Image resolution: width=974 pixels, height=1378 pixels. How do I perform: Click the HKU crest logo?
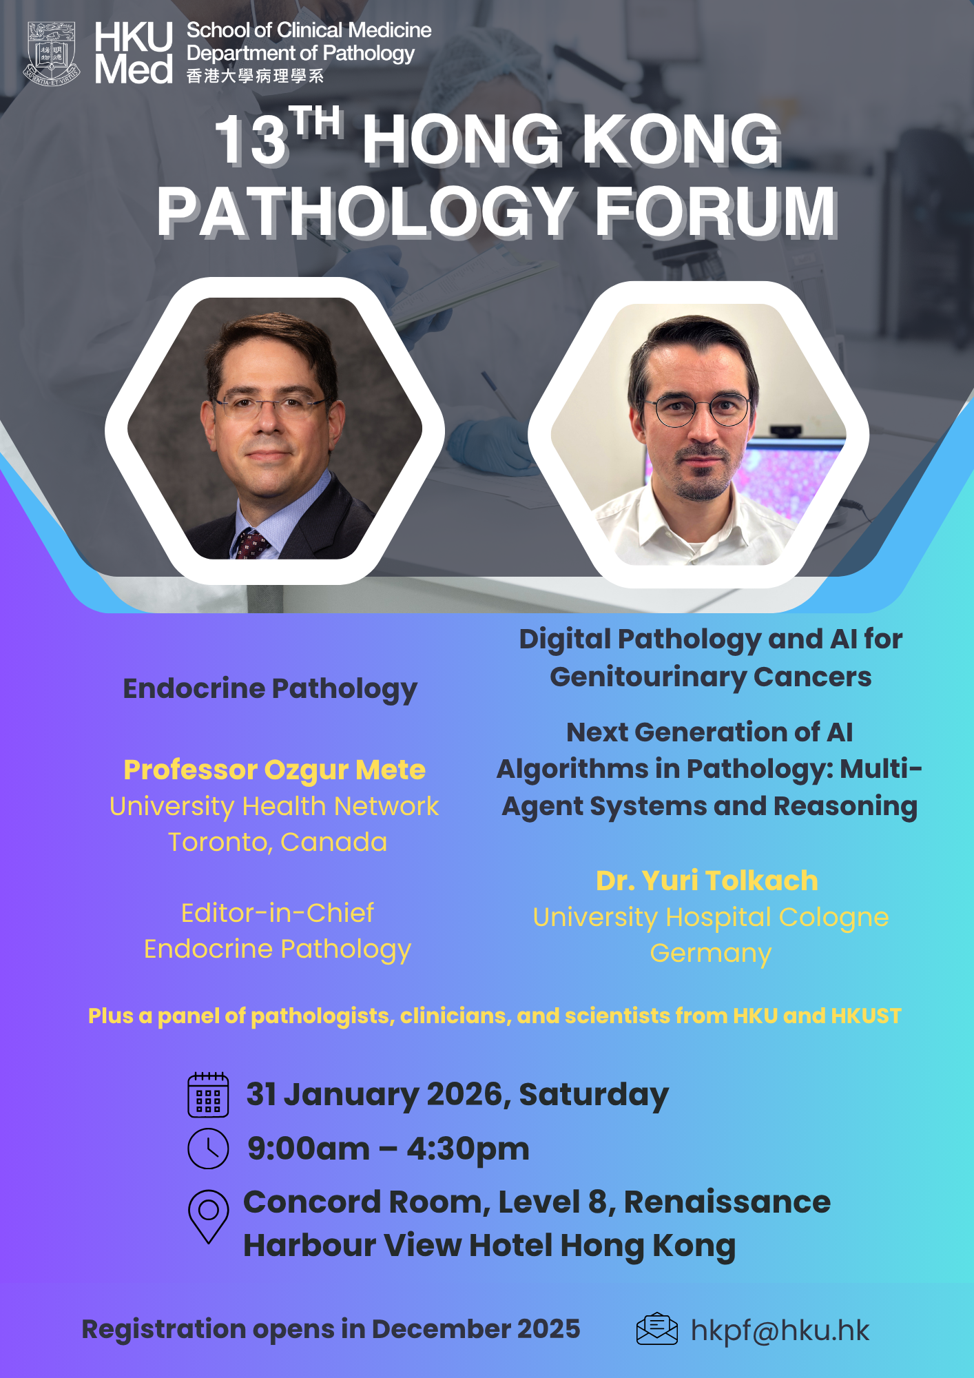(x=52, y=54)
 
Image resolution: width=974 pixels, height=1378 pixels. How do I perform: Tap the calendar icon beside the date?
(x=208, y=1094)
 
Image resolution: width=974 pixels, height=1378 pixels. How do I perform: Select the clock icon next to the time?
(x=208, y=1149)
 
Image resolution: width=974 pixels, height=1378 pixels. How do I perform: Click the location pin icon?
(x=208, y=1216)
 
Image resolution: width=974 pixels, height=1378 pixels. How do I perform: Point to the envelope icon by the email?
(x=656, y=1329)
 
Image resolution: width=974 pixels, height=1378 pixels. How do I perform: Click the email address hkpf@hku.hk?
(x=780, y=1330)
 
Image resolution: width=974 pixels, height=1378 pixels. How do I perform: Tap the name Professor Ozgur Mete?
(x=274, y=770)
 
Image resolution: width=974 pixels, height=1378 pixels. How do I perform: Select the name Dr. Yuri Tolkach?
(x=707, y=881)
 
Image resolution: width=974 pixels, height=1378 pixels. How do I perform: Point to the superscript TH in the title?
(x=315, y=121)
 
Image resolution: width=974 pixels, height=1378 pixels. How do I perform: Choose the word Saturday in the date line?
(x=594, y=1095)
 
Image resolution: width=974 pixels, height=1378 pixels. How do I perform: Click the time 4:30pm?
(x=468, y=1149)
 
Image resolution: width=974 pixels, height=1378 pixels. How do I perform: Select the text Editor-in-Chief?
(x=278, y=913)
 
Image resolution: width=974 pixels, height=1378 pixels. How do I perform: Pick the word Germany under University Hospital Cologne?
(x=711, y=954)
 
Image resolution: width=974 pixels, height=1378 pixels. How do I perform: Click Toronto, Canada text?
(x=278, y=842)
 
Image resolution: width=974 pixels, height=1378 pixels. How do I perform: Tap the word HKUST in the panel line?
(x=866, y=1016)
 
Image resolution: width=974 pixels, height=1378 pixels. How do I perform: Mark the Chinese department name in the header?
(x=255, y=76)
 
